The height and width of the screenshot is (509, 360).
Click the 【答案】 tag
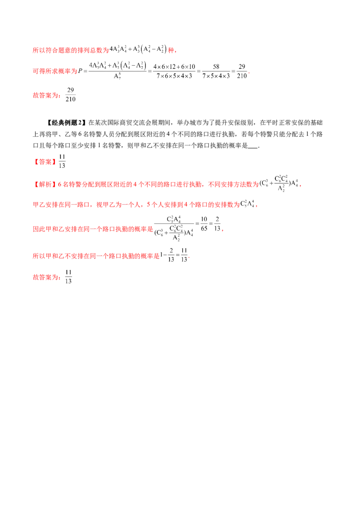pos(45,162)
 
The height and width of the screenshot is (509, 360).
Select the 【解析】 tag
pos(43,184)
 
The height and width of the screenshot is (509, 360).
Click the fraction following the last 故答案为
pos(67,275)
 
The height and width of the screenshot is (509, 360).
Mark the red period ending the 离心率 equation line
pos(250,73)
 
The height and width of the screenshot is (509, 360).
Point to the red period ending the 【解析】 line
pos(300,185)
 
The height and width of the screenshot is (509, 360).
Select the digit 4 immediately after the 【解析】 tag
pos(59,184)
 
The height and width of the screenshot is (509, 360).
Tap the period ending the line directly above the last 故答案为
pos(189,257)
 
